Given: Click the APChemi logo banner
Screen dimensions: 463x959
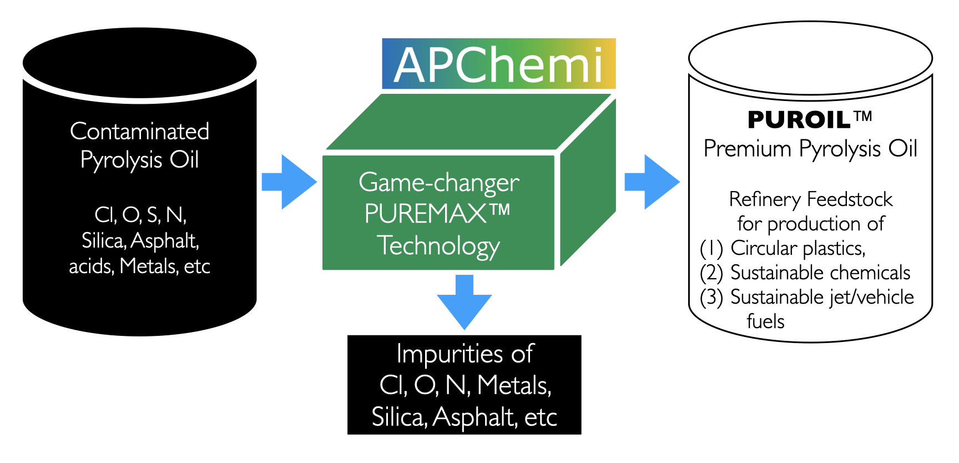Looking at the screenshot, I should tap(498, 64).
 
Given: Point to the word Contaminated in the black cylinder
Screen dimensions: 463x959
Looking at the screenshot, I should tap(139, 132).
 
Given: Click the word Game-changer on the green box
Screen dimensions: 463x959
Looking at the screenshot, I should tap(438, 183).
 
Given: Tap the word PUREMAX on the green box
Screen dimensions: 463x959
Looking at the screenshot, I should tap(426, 214).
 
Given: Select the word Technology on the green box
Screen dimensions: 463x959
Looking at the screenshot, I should tap(438, 245).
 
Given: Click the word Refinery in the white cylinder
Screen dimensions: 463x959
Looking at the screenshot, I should tap(765, 199).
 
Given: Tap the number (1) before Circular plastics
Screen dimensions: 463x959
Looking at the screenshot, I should tap(711, 248).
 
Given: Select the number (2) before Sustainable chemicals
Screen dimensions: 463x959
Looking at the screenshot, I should tap(711, 273).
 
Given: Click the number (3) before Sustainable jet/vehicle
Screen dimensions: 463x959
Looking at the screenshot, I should tap(711, 298).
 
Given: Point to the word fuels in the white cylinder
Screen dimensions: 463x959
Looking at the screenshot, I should tap(765, 321).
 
